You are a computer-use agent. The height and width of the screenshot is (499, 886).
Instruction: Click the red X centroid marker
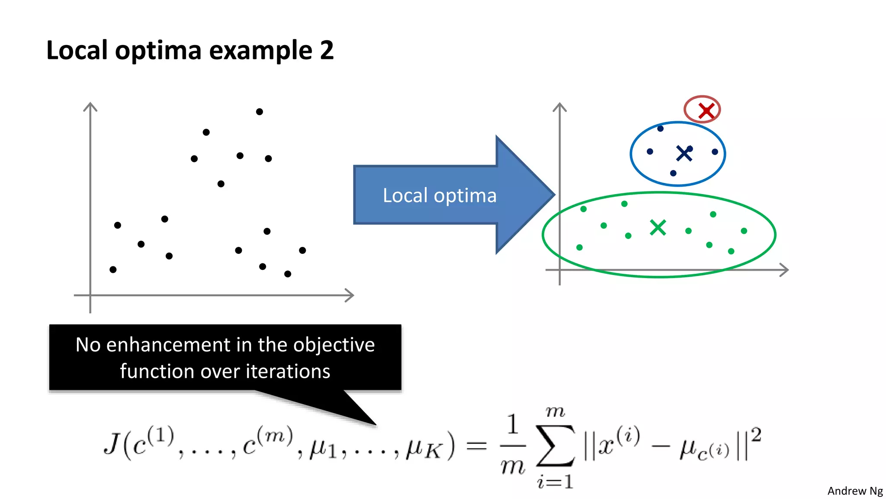[x=706, y=111]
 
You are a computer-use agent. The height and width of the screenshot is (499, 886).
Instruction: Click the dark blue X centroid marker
[x=684, y=153]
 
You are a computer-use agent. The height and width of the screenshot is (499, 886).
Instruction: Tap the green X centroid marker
[x=658, y=227]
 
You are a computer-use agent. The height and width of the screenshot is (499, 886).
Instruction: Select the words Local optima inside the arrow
[x=439, y=195]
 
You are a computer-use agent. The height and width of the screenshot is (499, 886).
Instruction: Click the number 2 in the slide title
[x=327, y=50]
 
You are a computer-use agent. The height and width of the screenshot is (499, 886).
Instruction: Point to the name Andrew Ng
[x=855, y=491]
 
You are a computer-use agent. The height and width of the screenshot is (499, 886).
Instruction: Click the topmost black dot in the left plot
[x=259, y=112]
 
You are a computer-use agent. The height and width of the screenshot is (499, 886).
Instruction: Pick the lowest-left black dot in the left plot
[x=113, y=269]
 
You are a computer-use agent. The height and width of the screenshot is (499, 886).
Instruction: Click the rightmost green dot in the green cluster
[x=744, y=231]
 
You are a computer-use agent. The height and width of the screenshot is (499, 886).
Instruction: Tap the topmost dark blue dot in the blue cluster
[x=660, y=129]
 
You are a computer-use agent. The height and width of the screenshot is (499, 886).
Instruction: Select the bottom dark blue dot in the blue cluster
[x=673, y=173]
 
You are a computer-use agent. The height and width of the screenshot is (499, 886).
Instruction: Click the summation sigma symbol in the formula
[x=555, y=446]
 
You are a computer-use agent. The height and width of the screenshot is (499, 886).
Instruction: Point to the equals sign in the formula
[x=477, y=446]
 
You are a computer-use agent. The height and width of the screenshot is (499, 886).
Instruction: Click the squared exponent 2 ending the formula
[x=756, y=434]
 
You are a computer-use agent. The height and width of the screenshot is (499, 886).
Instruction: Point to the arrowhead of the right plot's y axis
[x=559, y=106]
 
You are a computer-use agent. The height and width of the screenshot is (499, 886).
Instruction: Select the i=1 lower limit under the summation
[x=555, y=482]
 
